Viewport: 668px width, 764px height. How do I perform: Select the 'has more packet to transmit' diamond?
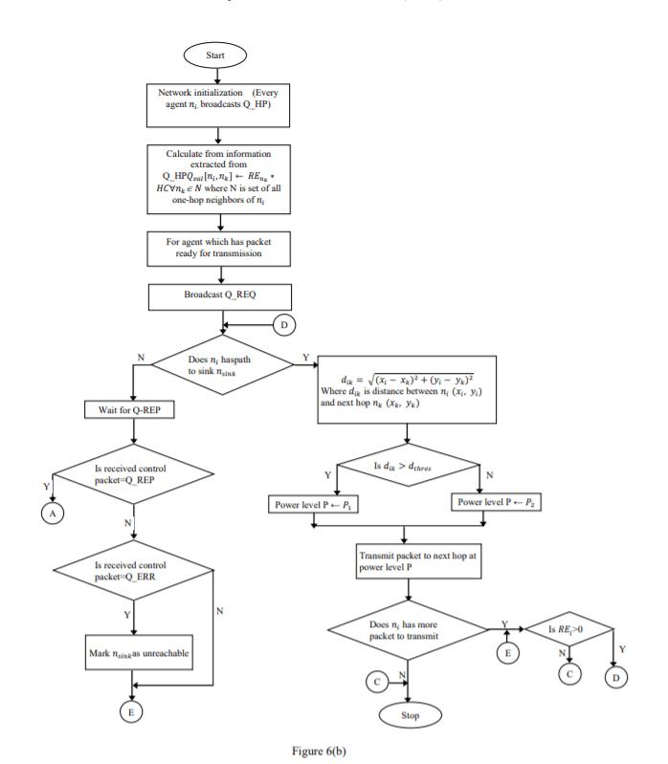pyautogui.click(x=410, y=630)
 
